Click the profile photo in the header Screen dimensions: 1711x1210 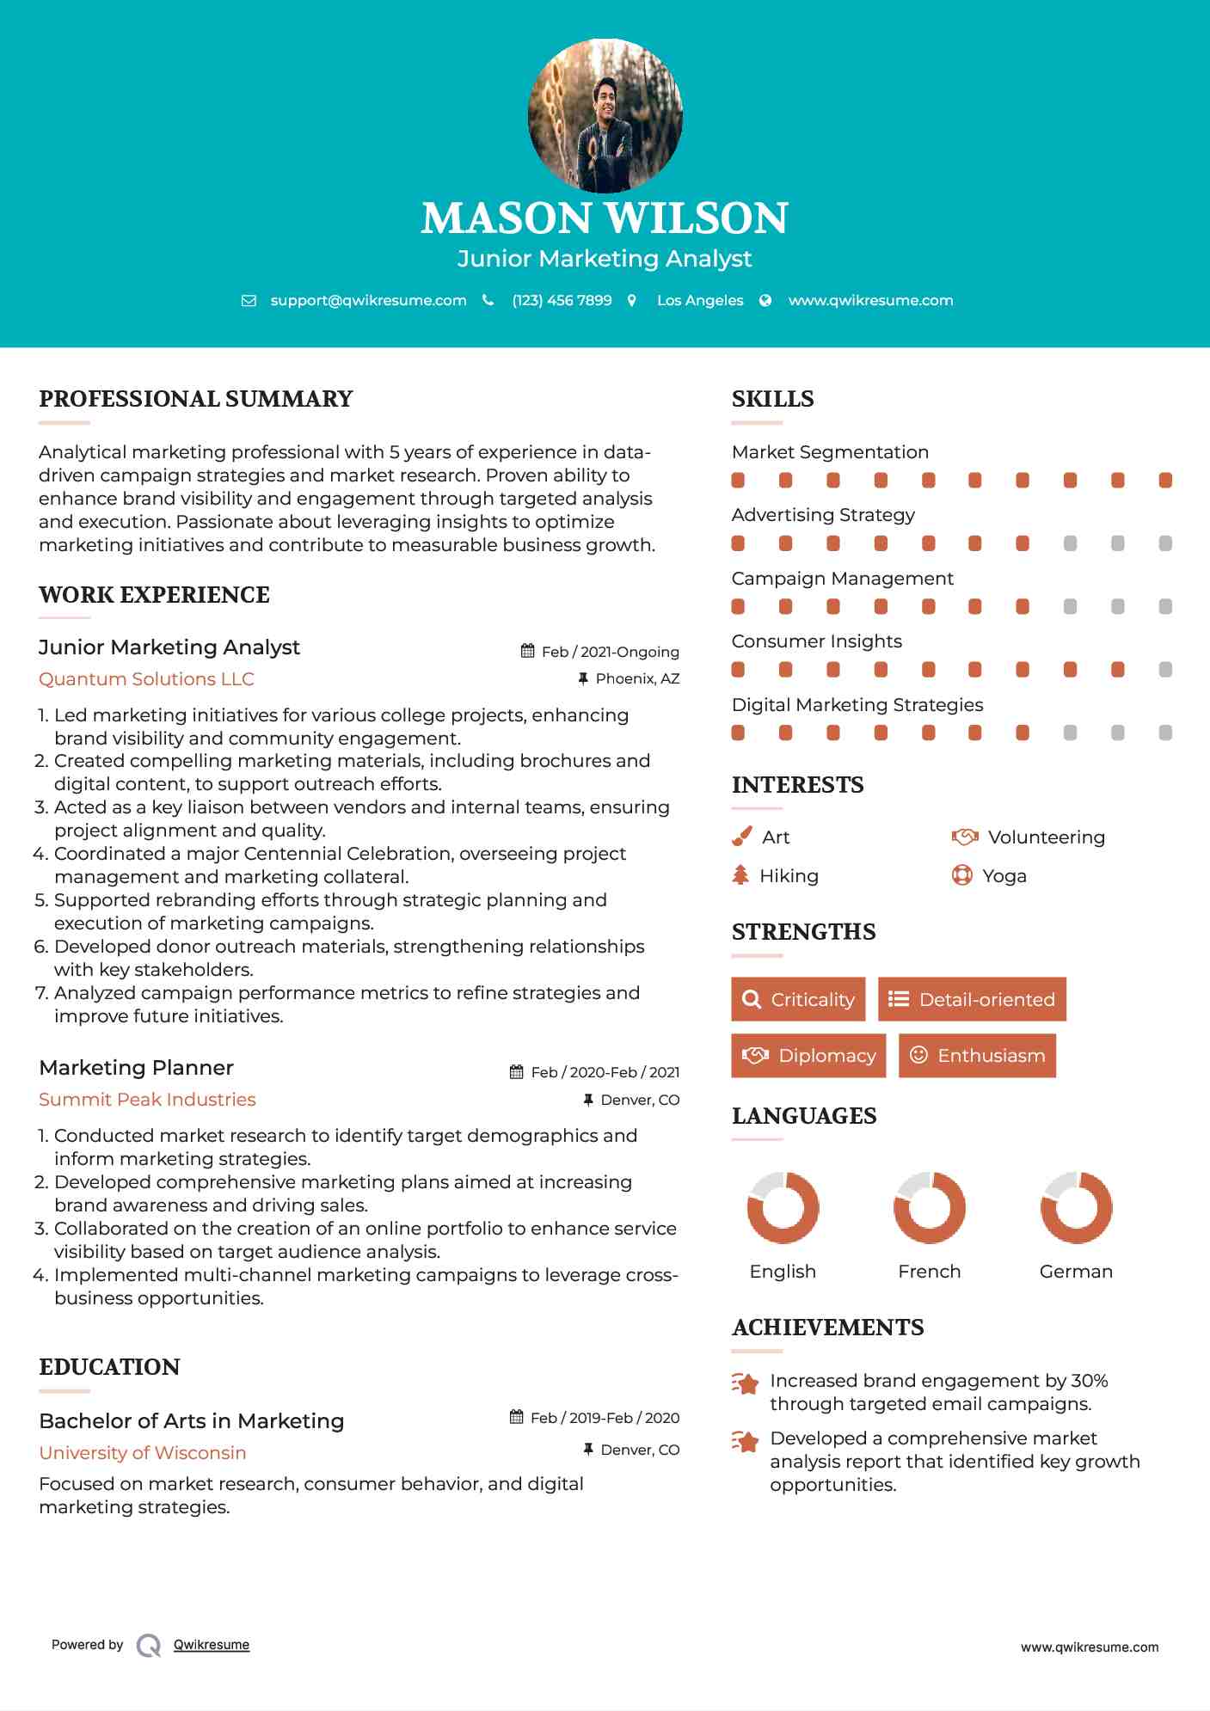605,115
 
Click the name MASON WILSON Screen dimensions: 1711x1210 605,218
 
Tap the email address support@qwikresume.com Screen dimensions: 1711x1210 368,301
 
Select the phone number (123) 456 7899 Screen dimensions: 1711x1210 562,301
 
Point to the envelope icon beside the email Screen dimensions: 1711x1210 249,301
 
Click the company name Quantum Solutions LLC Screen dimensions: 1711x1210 146,679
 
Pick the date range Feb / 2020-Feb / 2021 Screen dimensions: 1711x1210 605,1072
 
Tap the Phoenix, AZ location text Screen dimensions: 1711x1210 637,679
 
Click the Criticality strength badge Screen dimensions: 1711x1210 798,999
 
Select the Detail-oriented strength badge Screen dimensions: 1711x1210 972,999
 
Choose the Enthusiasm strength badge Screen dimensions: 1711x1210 977,1055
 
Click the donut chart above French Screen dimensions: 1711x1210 930,1207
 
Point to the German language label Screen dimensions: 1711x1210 1076,1272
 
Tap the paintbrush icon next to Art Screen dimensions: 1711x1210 741,837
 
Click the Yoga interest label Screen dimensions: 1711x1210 1004,876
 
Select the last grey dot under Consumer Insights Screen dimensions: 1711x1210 1165,670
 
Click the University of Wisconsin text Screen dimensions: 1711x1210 143,1453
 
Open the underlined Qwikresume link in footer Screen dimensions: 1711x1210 212,1645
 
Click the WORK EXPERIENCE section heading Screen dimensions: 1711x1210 154,595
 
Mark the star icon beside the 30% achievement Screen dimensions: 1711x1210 746,1383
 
